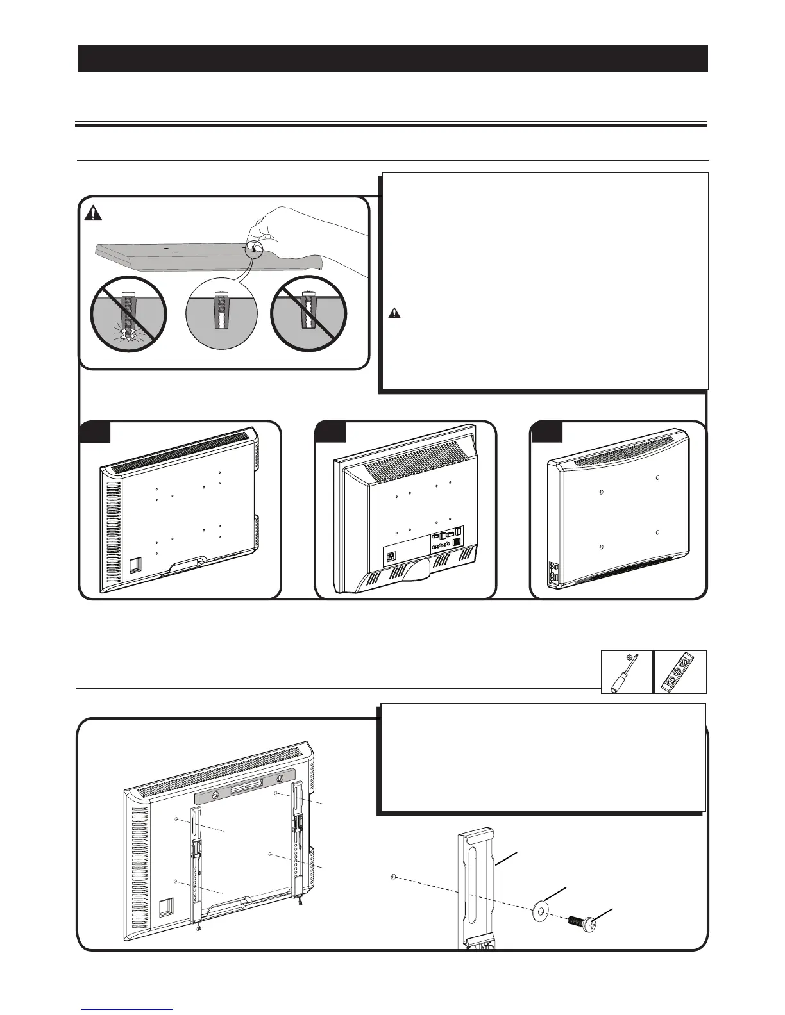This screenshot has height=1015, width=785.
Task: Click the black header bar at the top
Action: point(393,58)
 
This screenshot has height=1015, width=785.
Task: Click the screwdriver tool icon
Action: point(627,672)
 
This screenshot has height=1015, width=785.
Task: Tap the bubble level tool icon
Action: point(680,672)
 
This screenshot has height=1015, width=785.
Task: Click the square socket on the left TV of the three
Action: point(135,565)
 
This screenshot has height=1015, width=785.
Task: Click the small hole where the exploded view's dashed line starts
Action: point(392,877)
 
